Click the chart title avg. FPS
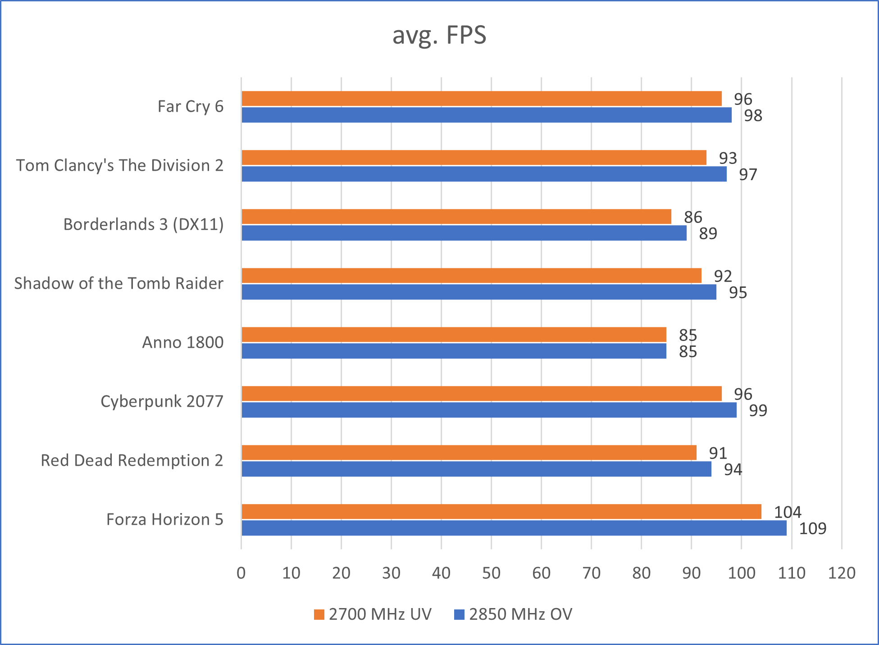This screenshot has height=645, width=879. pyautogui.click(x=439, y=35)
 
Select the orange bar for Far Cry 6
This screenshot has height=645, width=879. pyautogui.click(x=481, y=99)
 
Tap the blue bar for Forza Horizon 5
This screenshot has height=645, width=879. pyautogui.click(x=514, y=528)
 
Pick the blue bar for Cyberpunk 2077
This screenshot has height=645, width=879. pyautogui.click(x=489, y=410)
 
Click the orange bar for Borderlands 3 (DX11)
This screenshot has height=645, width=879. pyautogui.click(x=456, y=217)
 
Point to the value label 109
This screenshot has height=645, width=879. pyautogui.click(x=812, y=528)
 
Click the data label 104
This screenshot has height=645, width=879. pyautogui.click(x=787, y=512)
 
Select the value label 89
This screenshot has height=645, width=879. pyautogui.click(x=708, y=233)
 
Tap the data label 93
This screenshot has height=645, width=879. pyautogui.click(x=728, y=158)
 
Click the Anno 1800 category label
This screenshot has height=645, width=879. pyautogui.click(x=183, y=342)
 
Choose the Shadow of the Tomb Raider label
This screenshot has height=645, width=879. pyautogui.click(x=118, y=283)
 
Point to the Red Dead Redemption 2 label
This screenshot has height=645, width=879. pyautogui.click(x=132, y=460)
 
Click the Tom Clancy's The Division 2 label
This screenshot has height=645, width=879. pyautogui.click(x=120, y=165)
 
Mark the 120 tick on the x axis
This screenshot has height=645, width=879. pyautogui.click(x=842, y=573)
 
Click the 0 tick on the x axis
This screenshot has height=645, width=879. pyautogui.click(x=241, y=573)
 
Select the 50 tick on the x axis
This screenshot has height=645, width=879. pyautogui.click(x=491, y=573)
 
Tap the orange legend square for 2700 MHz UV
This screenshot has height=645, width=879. pyautogui.click(x=319, y=614)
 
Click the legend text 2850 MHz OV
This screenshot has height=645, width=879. pyautogui.click(x=520, y=614)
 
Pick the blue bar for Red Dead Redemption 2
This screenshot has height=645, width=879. pyautogui.click(x=476, y=469)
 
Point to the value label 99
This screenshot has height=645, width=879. pyautogui.click(x=758, y=410)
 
